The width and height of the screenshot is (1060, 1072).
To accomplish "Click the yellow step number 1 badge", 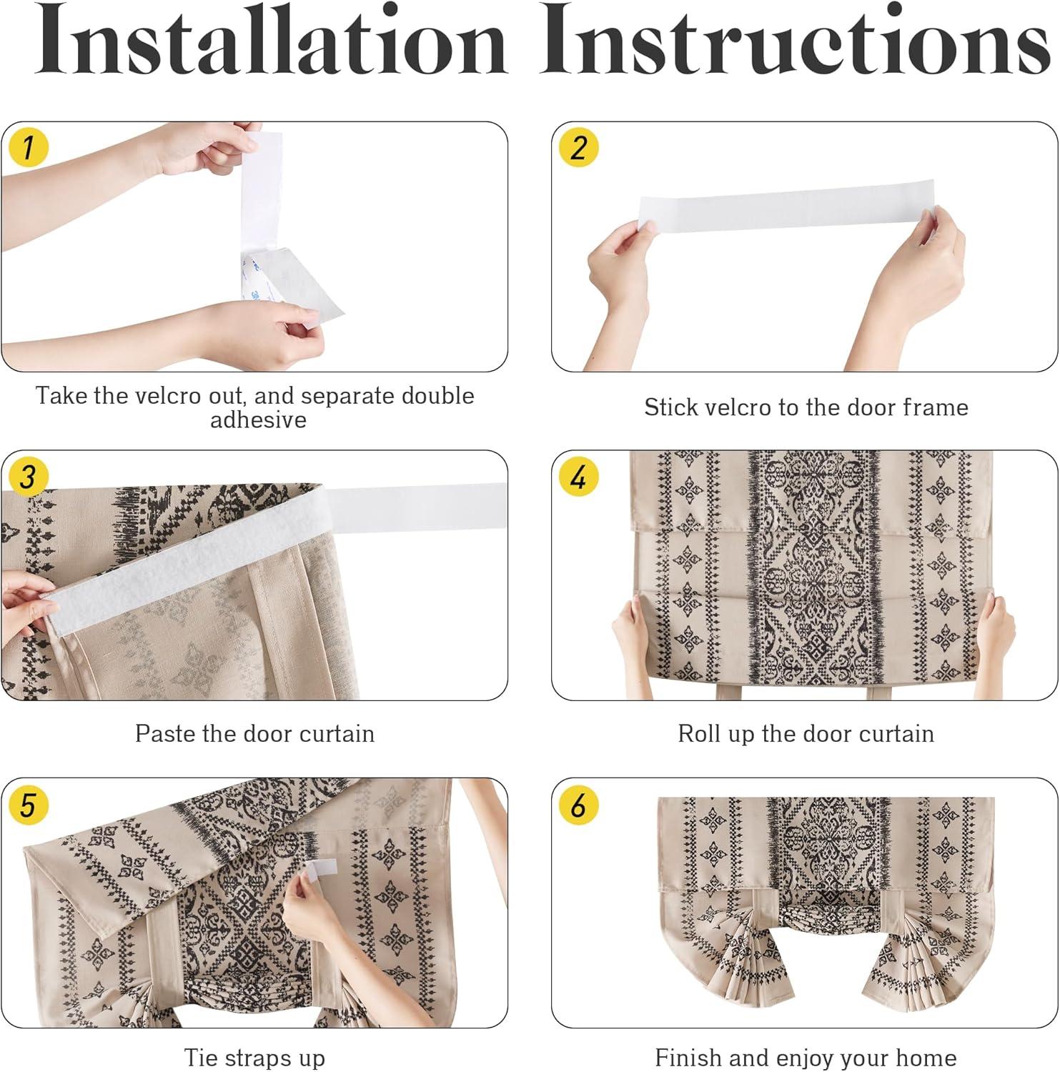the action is point(28,148).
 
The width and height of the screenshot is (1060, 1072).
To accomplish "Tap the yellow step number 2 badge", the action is point(578,148).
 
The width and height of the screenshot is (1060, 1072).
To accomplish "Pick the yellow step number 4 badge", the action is point(578,477).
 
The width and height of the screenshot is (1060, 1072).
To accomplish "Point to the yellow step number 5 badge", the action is point(28,805).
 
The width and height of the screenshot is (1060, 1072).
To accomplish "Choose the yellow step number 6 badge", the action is point(578,805).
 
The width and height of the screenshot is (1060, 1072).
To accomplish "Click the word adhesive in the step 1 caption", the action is point(258,420).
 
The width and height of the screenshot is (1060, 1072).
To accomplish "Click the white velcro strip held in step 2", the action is point(786,207).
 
